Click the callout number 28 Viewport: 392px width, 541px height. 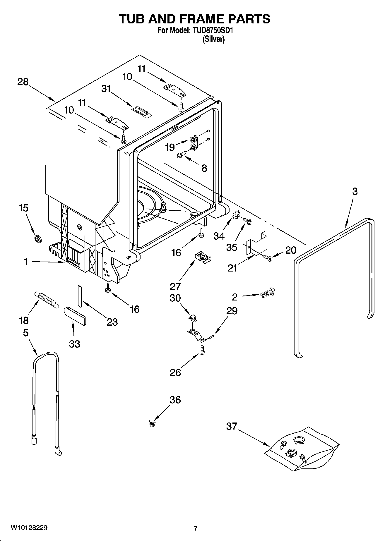pos(23,82)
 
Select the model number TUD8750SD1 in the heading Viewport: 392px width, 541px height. pos(212,30)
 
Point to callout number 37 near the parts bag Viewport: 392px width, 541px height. pos(232,426)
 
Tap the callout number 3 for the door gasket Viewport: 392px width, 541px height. pos(355,191)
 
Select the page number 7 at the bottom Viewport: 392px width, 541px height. pos(196,528)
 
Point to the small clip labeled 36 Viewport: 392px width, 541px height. pos(151,423)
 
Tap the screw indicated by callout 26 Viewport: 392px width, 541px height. pos(202,349)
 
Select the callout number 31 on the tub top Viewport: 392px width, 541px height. pos(106,89)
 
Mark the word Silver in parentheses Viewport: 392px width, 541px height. pos(214,39)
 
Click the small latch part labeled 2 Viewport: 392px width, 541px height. pos(267,292)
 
